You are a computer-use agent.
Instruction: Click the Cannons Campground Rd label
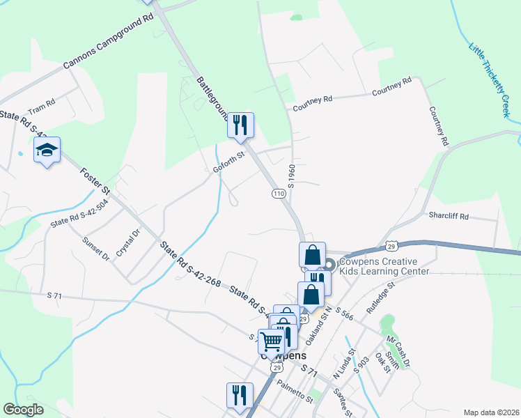click(109, 42)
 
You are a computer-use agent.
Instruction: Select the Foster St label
click(95, 180)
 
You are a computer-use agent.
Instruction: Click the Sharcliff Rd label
click(449, 215)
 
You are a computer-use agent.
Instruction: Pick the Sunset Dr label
click(97, 248)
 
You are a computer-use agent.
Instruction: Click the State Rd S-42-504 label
click(79, 215)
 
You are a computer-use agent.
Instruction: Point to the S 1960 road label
click(292, 175)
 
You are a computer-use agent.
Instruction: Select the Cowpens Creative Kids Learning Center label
click(382, 267)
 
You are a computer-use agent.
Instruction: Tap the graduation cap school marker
click(47, 150)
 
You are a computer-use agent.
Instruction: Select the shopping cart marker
click(271, 341)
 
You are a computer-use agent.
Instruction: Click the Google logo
click(23, 410)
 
